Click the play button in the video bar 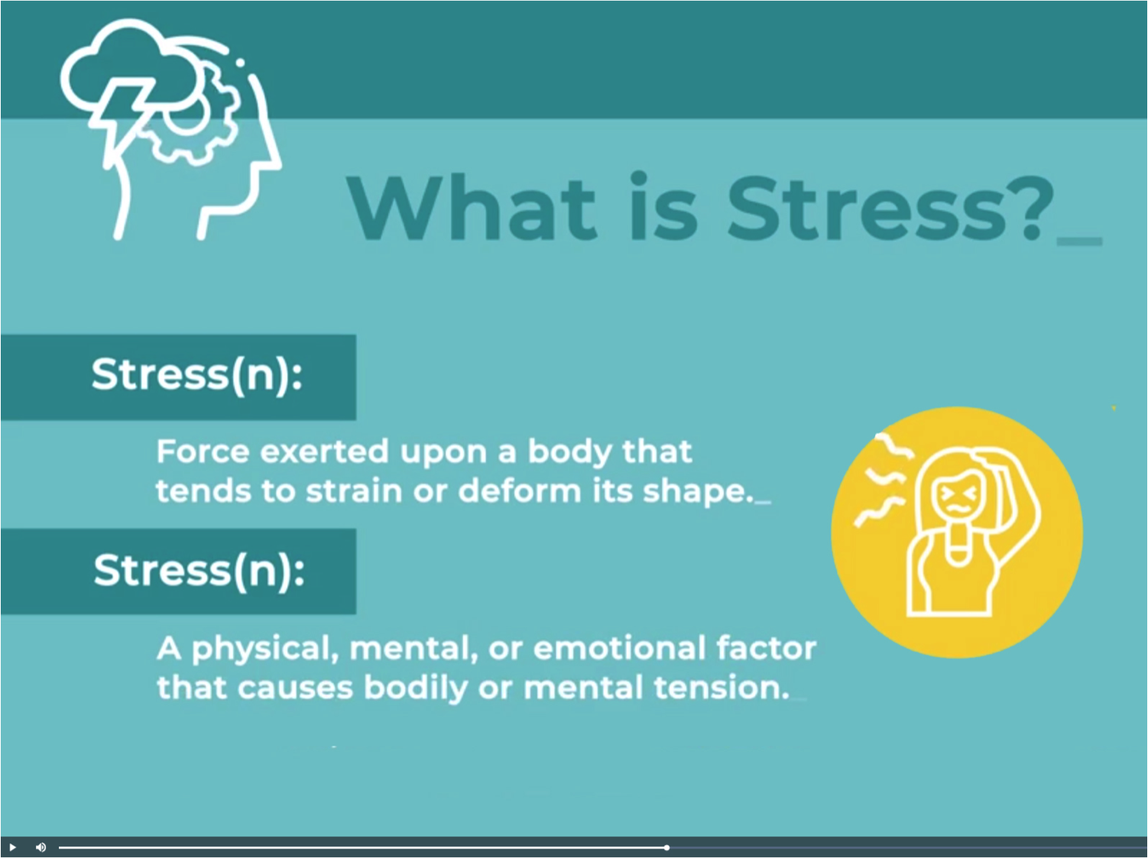[x=12, y=847]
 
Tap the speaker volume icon [x=41, y=847]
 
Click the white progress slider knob [x=666, y=847]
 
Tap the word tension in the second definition [x=722, y=688]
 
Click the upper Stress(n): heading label [x=197, y=375]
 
